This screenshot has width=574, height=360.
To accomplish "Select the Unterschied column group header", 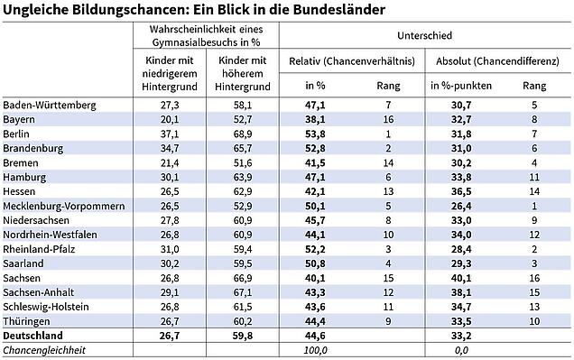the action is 425,35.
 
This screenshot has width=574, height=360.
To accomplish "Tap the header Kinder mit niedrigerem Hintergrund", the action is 170,74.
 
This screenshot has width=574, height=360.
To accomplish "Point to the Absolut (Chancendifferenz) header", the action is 497,61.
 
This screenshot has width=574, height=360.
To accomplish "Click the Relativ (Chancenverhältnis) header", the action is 352,61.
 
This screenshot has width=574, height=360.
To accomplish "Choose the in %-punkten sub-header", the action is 461,86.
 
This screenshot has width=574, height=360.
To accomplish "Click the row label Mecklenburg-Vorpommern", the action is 64,206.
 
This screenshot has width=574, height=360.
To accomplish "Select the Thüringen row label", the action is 26,321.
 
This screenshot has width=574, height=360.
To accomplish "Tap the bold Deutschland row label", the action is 33,336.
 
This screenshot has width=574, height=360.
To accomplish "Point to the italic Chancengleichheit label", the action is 44,350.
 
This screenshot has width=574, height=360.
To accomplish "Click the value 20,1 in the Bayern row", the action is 170,120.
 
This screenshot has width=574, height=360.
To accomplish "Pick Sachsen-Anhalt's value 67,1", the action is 243,292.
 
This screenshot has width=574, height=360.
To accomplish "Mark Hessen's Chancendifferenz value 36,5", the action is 461,191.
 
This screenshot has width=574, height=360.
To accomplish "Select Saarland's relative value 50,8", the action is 315,263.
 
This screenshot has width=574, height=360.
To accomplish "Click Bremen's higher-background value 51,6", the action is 243,162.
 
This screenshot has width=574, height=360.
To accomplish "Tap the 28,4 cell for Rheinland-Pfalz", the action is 461,250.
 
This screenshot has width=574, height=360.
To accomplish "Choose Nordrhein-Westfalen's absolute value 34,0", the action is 461,235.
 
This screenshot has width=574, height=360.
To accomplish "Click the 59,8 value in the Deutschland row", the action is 243,336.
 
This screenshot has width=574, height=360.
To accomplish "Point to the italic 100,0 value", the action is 315,350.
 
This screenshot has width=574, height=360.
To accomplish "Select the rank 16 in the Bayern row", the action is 388,120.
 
